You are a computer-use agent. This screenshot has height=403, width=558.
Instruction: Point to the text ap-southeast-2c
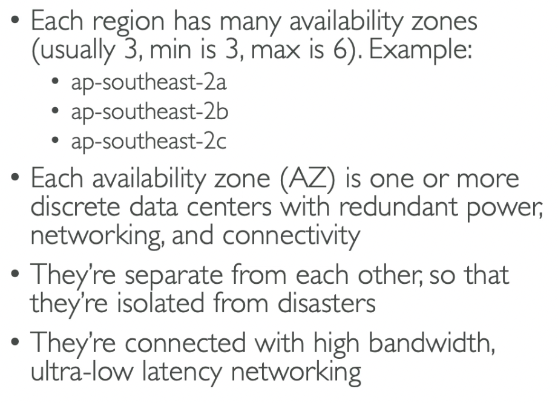149,142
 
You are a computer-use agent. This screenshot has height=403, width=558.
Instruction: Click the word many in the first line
243,23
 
